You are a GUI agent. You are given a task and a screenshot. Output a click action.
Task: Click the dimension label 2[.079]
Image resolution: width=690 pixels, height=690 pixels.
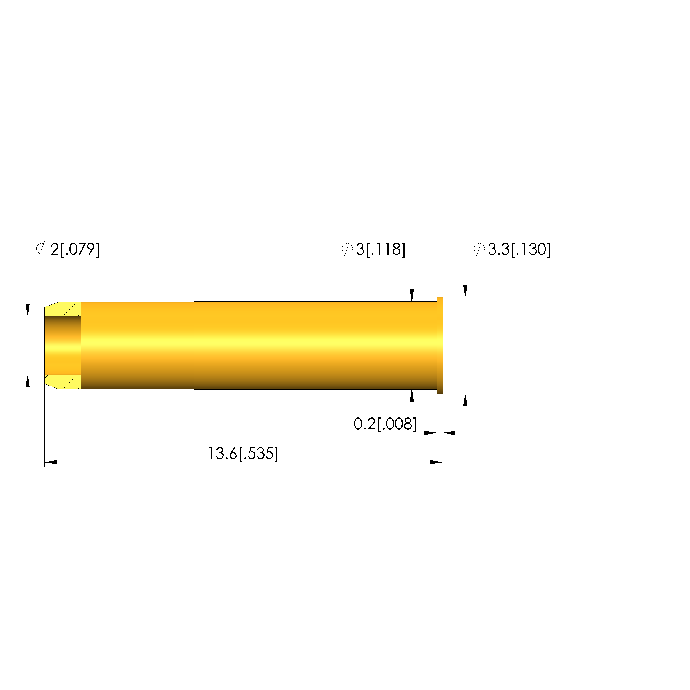point(75,249)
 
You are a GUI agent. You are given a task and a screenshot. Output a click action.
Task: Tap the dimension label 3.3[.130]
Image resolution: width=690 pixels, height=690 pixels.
point(519,249)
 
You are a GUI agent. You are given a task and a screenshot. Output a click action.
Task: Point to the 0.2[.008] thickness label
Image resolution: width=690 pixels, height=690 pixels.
point(385,424)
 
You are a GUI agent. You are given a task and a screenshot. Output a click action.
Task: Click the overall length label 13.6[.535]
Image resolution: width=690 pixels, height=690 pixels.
point(243,454)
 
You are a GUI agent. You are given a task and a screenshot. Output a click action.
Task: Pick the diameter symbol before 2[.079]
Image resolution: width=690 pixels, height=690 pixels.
point(42,249)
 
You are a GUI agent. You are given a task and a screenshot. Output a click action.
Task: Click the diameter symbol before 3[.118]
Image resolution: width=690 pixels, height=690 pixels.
point(347,249)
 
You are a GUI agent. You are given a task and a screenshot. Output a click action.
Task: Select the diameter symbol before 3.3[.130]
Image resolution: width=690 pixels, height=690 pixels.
point(479,249)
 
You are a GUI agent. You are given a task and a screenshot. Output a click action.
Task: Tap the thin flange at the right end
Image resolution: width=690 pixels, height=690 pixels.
point(440,345)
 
